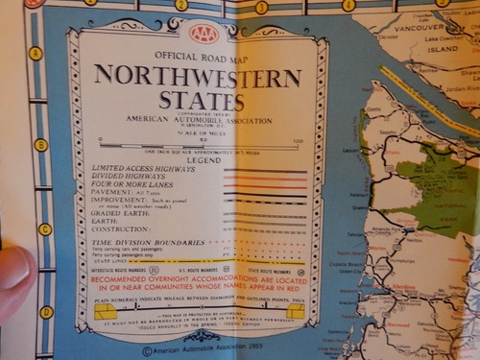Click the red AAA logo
coord(204,35)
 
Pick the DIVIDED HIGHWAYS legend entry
coord(126,177)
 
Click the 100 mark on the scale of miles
coord(297,140)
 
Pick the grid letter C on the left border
coord(44,228)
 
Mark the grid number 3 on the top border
coord(261,7)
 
